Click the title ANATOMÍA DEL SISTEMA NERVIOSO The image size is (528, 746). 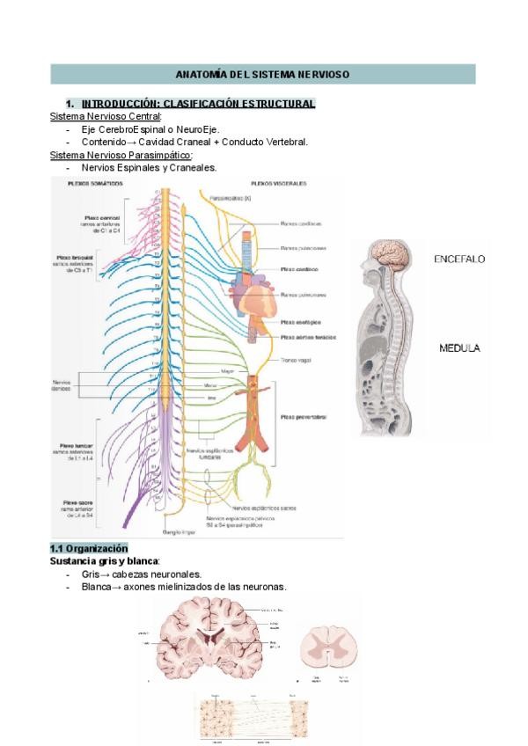262,75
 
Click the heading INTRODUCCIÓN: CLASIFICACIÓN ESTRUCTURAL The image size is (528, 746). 197,104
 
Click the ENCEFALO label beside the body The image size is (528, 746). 458,260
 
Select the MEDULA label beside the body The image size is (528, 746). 459,348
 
